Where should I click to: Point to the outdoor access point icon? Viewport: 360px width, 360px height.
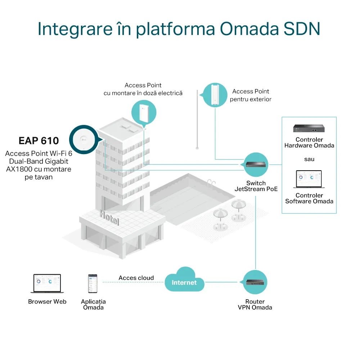pos(215,95)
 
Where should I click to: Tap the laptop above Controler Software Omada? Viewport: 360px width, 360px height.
pos(309,180)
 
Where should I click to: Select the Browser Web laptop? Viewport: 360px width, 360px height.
pos(47,284)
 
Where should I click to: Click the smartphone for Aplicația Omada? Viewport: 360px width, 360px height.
pos(93,284)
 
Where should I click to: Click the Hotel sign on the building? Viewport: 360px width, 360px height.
pos(109,217)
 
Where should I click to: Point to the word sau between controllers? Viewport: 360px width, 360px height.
pos(309,159)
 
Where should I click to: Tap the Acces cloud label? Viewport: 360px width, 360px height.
pos(136,278)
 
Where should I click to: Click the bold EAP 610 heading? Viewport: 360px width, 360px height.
pos(39,140)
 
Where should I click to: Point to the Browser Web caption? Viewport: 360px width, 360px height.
pos(47,302)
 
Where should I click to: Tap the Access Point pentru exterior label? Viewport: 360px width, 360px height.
pos(251,95)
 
